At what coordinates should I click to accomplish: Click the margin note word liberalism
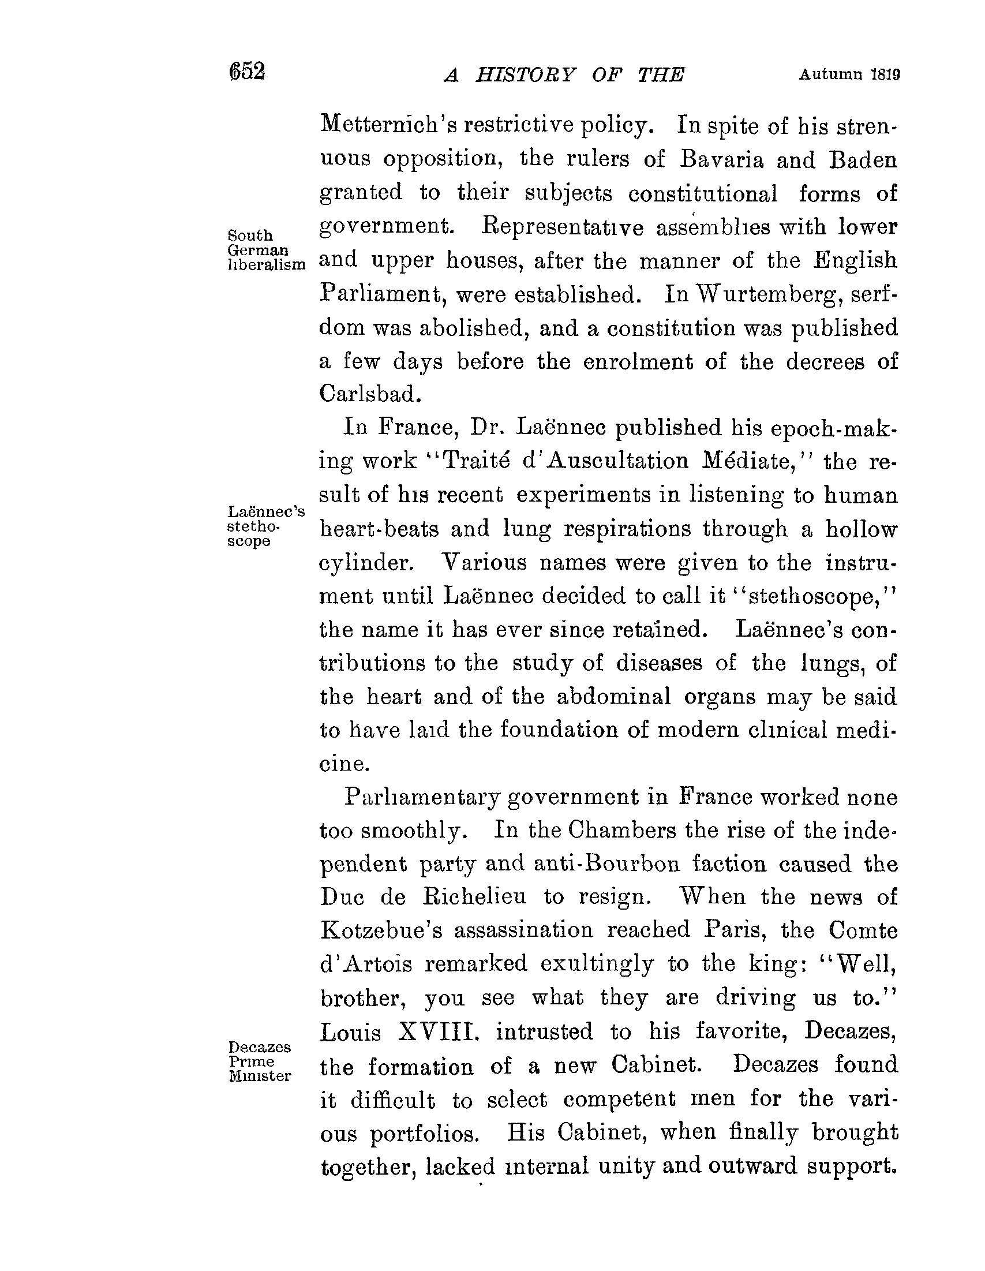pyautogui.click(x=266, y=265)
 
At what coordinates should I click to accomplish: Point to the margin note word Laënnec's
pyautogui.click(x=266, y=512)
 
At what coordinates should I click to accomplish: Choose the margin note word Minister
pyautogui.click(x=260, y=1076)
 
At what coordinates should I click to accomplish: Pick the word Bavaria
pyautogui.click(x=721, y=159)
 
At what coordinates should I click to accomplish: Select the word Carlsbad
pyautogui.click(x=369, y=395)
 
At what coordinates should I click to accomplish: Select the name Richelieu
pyautogui.click(x=474, y=897)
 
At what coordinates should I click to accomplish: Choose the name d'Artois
pyautogui.click(x=366, y=965)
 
